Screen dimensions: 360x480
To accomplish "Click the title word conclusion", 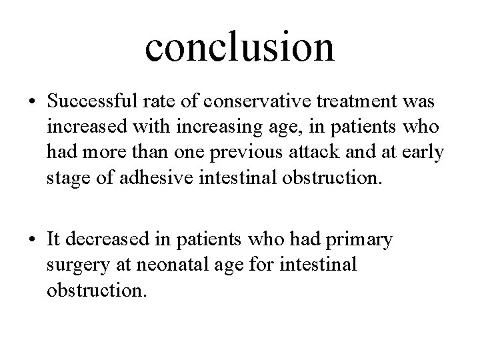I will tap(239, 45).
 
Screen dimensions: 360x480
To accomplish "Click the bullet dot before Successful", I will tap(33, 103).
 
